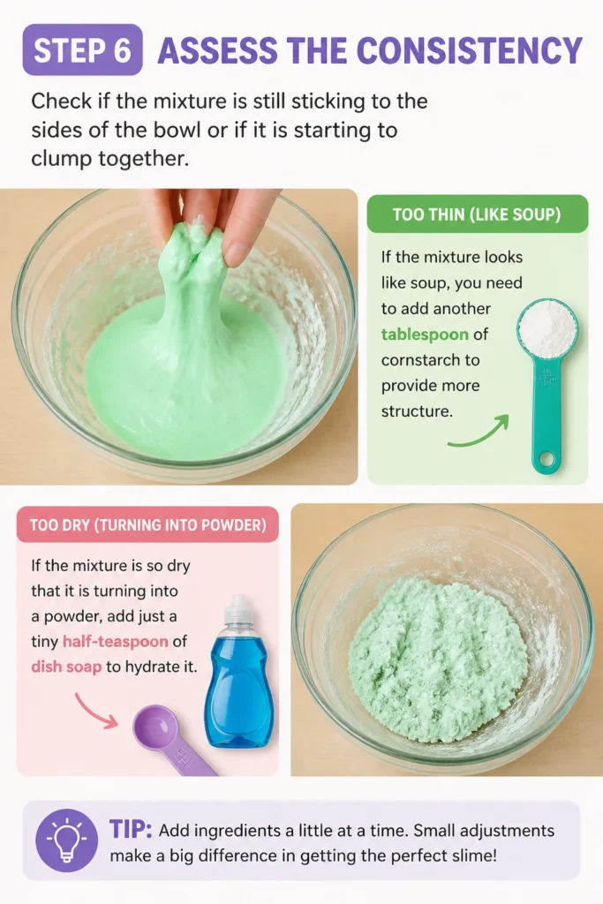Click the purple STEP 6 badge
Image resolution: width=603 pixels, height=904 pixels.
coord(82,49)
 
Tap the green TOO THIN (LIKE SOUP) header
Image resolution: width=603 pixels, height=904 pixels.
coord(478,215)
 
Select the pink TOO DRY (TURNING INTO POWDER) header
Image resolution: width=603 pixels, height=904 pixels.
coord(147,524)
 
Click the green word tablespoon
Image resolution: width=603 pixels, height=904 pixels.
coord(425,335)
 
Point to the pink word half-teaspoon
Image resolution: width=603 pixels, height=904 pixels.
coord(116,641)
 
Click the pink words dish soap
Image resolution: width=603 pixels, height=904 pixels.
coord(66,667)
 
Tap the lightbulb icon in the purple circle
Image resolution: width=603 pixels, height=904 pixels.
coord(67,840)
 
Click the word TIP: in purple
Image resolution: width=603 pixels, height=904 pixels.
coord(131,830)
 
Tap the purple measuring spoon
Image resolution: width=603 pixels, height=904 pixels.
coord(170,741)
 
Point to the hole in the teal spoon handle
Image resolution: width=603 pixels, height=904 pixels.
coord(546,459)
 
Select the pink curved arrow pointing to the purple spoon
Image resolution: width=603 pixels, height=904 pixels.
coord(95,711)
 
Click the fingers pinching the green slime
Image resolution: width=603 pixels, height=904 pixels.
coord(216,222)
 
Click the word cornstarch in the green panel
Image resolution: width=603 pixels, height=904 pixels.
coord(430,360)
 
